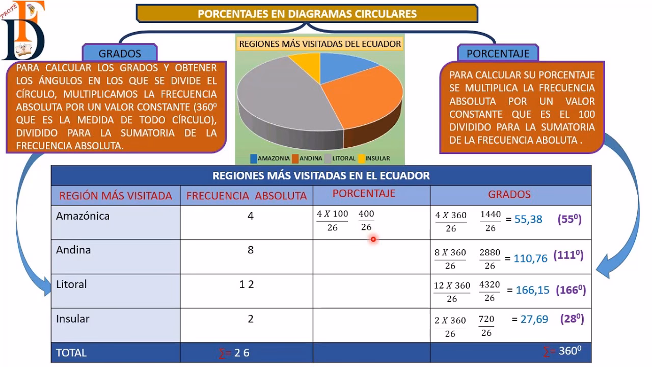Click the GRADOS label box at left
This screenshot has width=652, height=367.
pos(120,53)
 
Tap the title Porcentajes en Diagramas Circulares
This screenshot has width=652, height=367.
pos(307,14)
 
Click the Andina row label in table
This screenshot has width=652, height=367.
pos(73,250)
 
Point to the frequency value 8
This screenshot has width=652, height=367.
pos(250,250)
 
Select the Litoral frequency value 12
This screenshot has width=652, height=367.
pos(247,284)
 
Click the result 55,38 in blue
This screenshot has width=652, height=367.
pos(528,220)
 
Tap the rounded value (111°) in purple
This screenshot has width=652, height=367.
pos(569,255)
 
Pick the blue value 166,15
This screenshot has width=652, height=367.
pos(532,290)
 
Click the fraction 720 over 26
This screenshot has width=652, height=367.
pos(486,326)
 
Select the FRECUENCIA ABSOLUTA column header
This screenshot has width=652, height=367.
pos(247,196)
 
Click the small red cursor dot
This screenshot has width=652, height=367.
pos(373,239)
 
